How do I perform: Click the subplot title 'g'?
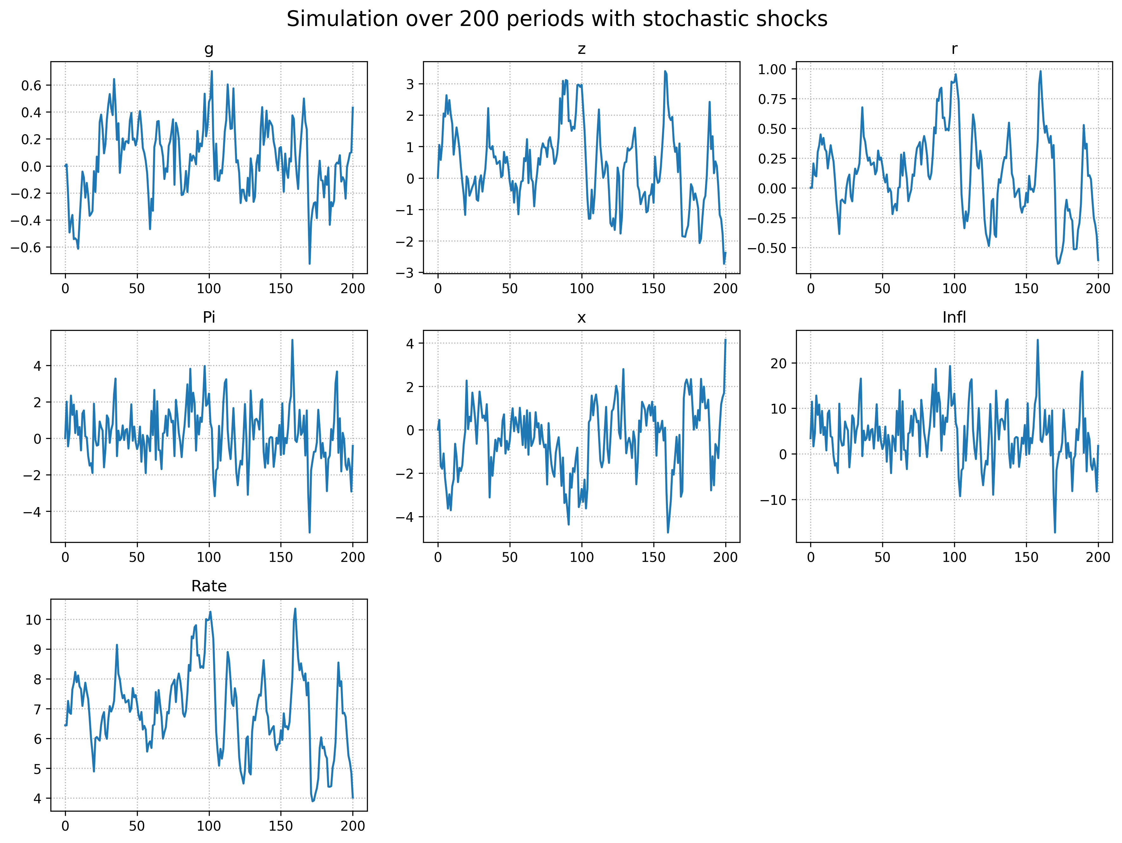(x=208, y=49)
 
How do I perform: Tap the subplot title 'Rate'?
(x=208, y=586)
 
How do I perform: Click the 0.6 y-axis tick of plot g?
(x=31, y=85)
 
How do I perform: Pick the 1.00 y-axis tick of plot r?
(x=772, y=69)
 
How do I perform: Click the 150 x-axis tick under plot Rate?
(x=280, y=826)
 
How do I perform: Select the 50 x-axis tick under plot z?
(x=510, y=289)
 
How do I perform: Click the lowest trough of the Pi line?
(x=309, y=532)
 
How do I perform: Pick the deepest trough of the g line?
(x=309, y=263)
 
